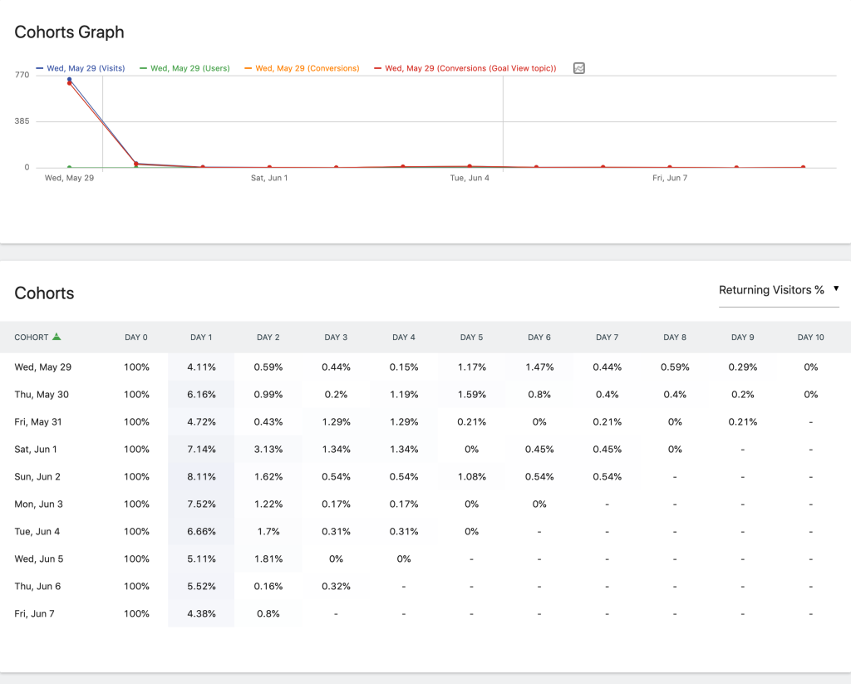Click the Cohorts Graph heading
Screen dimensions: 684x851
69,32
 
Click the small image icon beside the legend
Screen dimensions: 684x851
579,68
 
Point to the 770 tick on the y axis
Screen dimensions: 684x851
21,75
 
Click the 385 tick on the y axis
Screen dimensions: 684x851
21,121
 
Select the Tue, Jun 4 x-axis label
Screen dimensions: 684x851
470,178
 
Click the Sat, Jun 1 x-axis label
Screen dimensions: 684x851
269,178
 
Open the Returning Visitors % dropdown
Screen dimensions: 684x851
778,290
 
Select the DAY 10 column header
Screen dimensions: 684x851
810,337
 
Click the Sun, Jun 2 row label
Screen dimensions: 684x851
37,477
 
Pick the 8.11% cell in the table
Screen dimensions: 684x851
201,477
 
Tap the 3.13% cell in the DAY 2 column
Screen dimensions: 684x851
268,450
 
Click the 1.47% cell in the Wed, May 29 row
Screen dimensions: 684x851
539,367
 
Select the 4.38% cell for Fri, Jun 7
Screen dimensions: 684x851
201,614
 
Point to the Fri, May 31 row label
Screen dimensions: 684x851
38,422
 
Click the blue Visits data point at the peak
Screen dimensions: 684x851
69,80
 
